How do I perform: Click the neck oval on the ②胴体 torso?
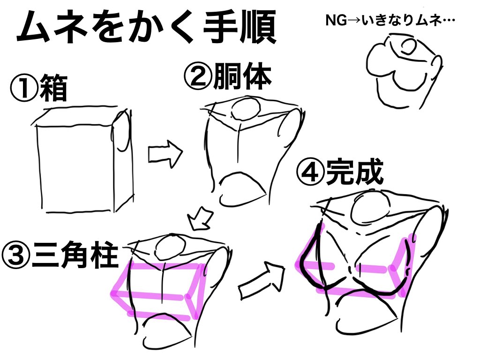247,109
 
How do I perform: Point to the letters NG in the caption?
332,21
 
